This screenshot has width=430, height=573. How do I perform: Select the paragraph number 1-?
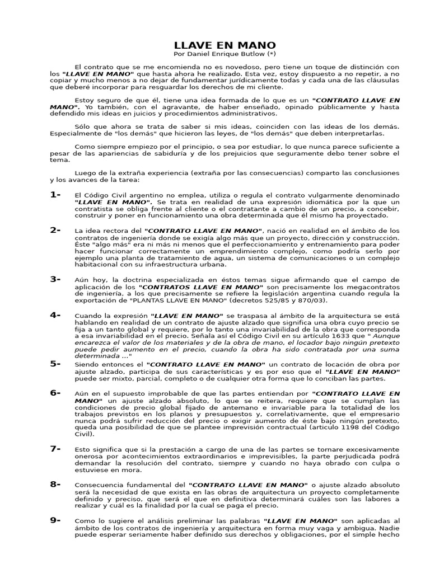pyautogui.click(x=55, y=195)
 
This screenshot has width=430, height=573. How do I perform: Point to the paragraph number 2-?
pyautogui.click(x=55, y=230)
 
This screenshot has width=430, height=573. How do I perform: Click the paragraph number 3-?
pyautogui.click(x=55, y=279)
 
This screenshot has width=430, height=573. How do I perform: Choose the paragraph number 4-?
pyautogui.click(x=55, y=315)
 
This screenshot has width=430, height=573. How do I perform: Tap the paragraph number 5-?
pyautogui.click(x=55, y=364)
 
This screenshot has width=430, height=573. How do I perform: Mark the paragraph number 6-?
pyautogui.click(x=55, y=393)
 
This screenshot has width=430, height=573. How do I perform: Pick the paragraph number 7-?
pyautogui.click(x=55, y=449)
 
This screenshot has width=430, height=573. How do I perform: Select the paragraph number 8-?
pyautogui.click(x=55, y=485)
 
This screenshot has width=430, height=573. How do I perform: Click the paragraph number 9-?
pyautogui.click(x=55, y=520)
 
